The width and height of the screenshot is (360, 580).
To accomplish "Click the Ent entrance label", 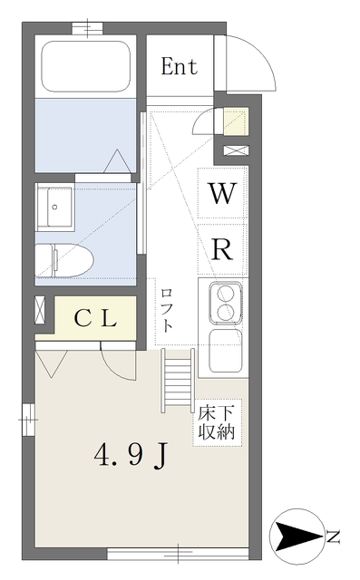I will point(180,66).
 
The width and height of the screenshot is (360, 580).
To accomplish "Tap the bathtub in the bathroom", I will point(86,66).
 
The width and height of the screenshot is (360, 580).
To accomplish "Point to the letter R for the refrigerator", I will point(222,251).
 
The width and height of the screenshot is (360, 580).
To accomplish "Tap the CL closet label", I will point(95,318).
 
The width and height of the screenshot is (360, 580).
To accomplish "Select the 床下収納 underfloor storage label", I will point(218,423).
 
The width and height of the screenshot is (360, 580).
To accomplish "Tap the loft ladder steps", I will point(179,381).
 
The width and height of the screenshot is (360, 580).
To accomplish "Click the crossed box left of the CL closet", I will point(42,310).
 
